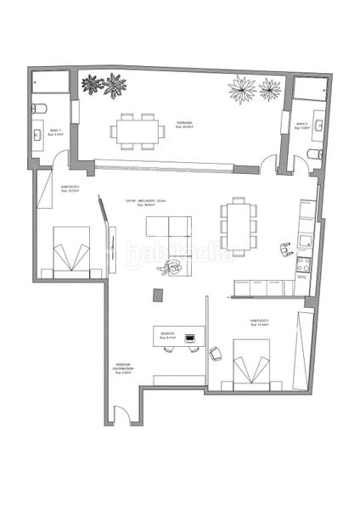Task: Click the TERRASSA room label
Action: coord(184,124)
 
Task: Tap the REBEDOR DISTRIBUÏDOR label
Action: coord(122,370)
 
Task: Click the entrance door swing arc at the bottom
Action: coord(123,417)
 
